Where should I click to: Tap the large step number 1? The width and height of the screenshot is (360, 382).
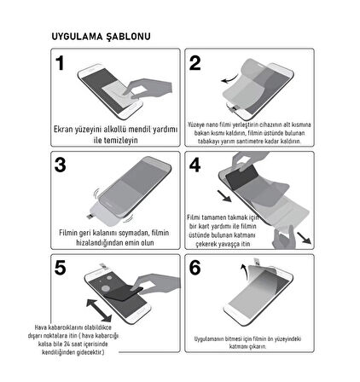point(60,64)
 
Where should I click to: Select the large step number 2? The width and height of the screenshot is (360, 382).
point(195,64)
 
